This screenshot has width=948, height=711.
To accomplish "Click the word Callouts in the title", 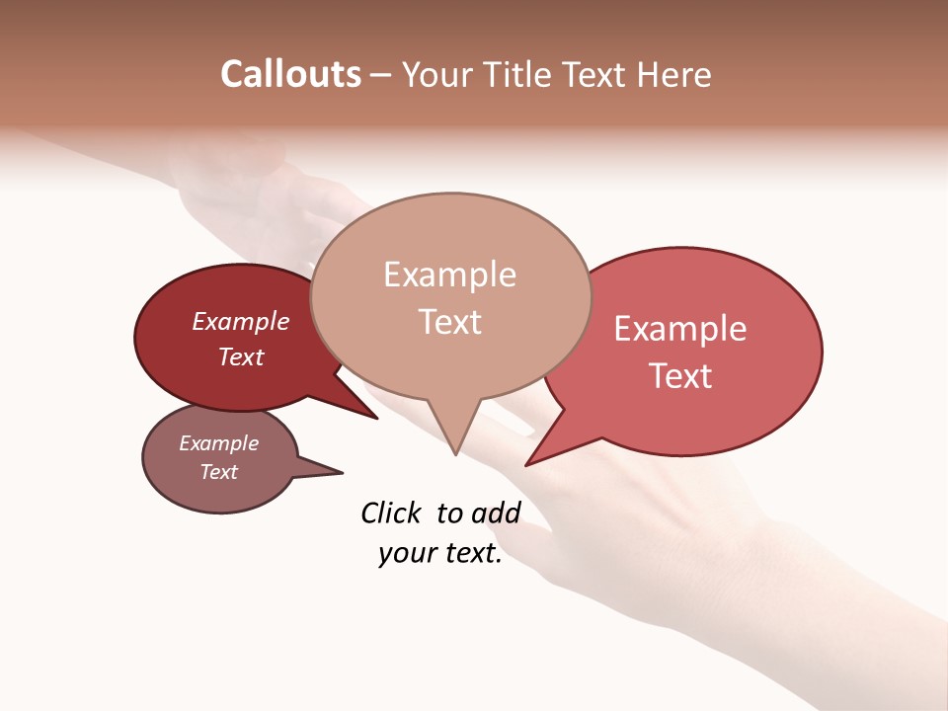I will coord(290,74).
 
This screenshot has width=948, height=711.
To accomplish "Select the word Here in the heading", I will coord(674,74).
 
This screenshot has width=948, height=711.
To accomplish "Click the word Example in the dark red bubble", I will coord(241,321).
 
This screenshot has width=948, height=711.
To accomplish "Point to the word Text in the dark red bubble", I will coord(241,356).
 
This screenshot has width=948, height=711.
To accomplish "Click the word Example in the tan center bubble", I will coord(449,275).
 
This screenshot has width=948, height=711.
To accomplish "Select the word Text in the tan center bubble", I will coord(450,321).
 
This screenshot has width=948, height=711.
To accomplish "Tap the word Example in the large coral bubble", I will coord(680,329).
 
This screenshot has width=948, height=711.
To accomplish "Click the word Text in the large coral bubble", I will coord(680,375).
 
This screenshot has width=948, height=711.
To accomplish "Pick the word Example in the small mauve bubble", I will coord(218,443).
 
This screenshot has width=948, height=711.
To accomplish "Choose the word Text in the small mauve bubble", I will coord(218,472).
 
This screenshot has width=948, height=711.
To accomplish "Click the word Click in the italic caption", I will coord(391,513).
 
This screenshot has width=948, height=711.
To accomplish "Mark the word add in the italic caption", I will coord(496,513).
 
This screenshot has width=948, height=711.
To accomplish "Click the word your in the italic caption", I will coord(407,554).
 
